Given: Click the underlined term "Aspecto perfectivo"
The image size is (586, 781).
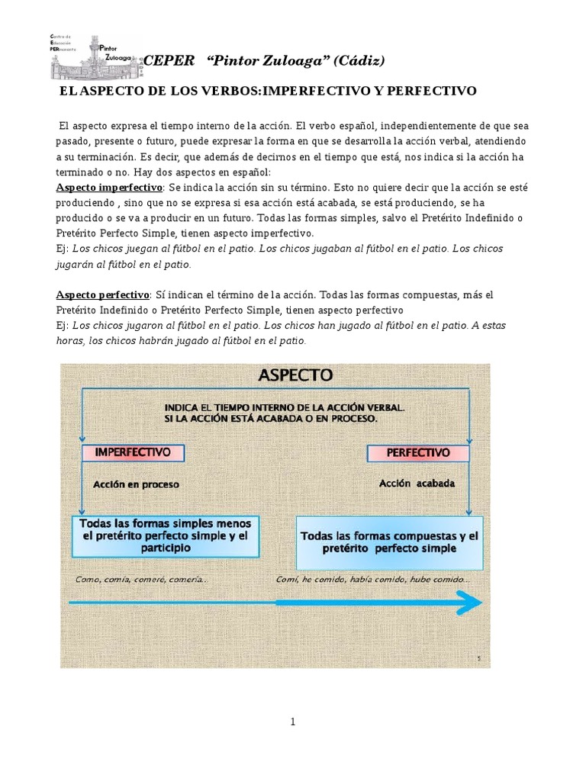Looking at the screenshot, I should pos(103,294).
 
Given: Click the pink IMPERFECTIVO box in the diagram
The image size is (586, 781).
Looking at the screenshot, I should pos(133,452).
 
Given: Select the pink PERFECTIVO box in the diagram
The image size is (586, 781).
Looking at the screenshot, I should pos(418,452).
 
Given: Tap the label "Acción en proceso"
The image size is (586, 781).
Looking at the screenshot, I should pos(136,484).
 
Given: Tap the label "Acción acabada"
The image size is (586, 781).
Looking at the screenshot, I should pos(417,484).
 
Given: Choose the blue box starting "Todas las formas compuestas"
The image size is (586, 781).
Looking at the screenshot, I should pos(389,542).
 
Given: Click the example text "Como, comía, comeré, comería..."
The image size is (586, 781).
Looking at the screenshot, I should pos(141,579).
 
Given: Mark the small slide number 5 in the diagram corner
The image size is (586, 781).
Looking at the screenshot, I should pos(477,657).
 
